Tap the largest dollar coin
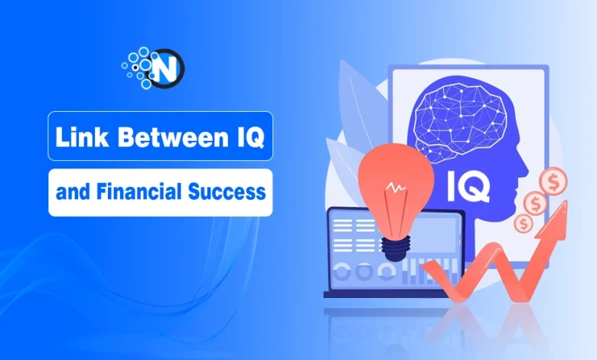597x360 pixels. (553, 182)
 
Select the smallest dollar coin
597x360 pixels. (524, 224)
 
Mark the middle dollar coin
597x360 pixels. (533, 205)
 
